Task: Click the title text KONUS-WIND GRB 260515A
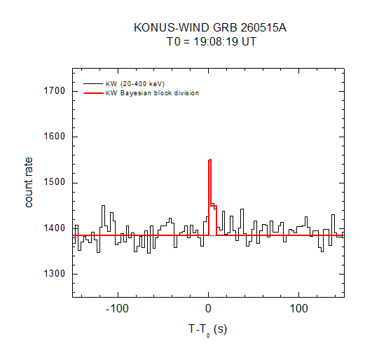[x=210, y=27]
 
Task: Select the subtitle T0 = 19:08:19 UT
[x=212, y=41]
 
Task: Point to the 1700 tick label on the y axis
[x=55, y=90]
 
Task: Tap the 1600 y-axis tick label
[x=55, y=137]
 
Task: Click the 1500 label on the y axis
[x=55, y=182]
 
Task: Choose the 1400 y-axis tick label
[x=55, y=228]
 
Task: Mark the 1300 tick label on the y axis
[x=55, y=274]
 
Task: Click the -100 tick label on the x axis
[x=117, y=309]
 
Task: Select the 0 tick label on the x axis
[x=208, y=309]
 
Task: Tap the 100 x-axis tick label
[x=298, y=309]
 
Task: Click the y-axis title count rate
[x=29, y=182]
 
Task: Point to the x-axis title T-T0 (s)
[x=207, y=330]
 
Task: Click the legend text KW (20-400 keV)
[x=135, y=84]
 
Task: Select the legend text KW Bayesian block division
[x=152, y=93]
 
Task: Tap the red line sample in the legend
[x=93, y=93]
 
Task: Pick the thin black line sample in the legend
[x=93, y=83]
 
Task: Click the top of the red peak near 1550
[x=210, y=160]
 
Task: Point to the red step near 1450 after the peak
[x=214, y=206]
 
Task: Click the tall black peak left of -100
[x=103, y=206]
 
